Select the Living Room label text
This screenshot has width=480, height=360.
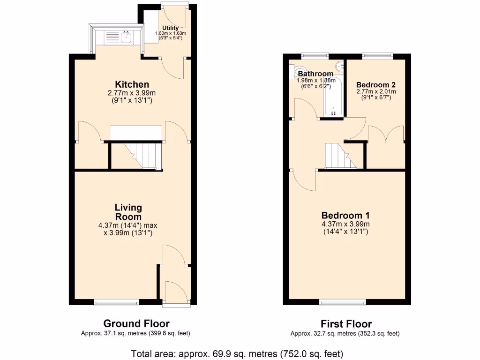coord(128,212)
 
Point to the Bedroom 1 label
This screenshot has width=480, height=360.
coord(345,216)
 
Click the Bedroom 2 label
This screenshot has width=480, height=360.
coord(376,85)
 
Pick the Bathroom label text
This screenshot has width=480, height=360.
coord(315,74)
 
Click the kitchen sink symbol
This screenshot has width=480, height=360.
coord(125,37)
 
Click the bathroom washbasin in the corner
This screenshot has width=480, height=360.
coord(338,66)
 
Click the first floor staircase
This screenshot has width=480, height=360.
coord(341,156)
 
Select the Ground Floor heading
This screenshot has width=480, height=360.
coord(136,323)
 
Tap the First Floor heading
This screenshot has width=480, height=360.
coord(346,324)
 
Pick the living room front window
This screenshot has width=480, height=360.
coord(116,303)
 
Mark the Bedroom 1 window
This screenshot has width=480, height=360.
coord(343,303)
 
